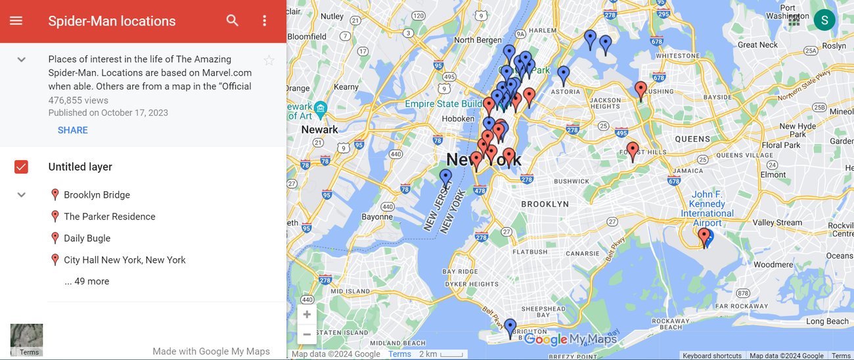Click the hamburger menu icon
coord(16,20)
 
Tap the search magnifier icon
coord(233,20)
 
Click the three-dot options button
coord(265,20)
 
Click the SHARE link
coord(72,130)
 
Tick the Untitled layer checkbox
coord(21,167)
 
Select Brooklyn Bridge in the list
coord(97,194)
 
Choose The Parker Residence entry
coord(109,216)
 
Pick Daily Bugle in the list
coord(87,238)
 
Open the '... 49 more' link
coord(87,281)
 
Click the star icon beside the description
coord(269,60)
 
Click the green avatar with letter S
coord(824,20)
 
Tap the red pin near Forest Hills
coord(633,150)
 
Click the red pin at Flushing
coord(641,89)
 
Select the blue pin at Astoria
coord(564,74)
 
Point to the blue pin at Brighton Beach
coord(510,327)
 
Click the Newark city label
coord(319,129)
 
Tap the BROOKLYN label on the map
coord(545,204)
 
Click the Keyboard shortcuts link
coord(712,355)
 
